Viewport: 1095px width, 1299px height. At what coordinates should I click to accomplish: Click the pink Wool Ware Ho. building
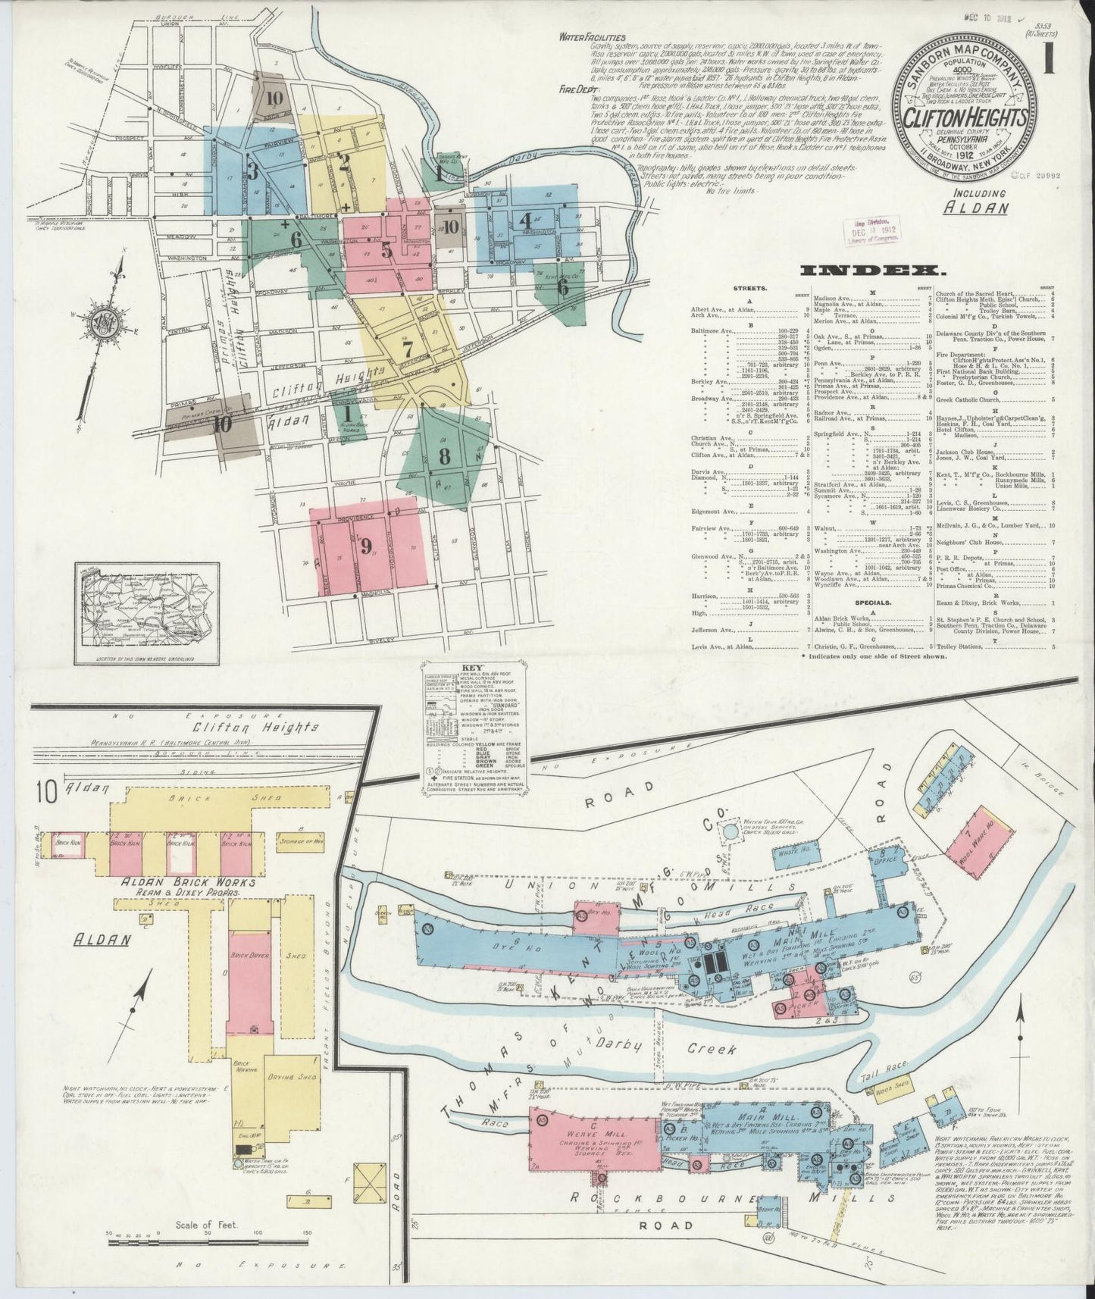point(983,837)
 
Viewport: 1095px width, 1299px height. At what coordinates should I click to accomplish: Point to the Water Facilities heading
point(592,36)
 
